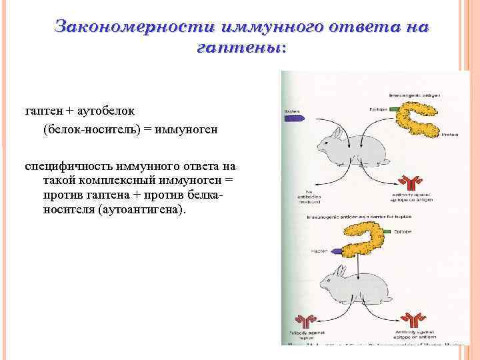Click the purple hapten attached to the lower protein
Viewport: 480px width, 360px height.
(345, 251)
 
